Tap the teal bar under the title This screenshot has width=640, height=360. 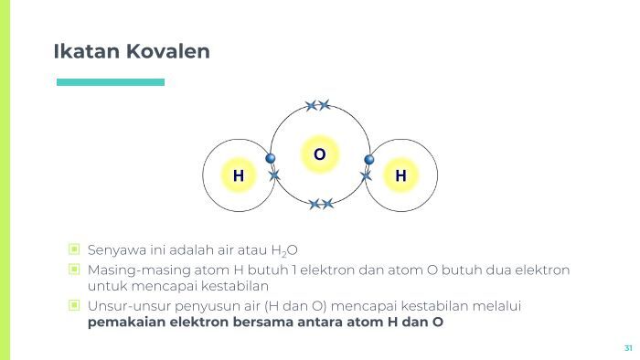(111, 82)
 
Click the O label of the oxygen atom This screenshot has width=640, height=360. (319, 154)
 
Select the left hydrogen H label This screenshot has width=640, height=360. (239, 175)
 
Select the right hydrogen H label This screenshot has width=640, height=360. (400, 175)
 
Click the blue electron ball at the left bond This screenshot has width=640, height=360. (271, 159)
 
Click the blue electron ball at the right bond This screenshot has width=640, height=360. (369, 160)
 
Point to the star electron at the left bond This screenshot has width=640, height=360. (274, 175)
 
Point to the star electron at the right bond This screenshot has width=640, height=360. (366, 175)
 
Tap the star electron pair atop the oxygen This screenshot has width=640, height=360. (318, 105)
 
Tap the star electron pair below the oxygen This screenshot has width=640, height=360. (321, 204)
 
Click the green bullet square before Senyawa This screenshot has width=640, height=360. (74, 249)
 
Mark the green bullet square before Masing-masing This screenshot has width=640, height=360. (74, 270)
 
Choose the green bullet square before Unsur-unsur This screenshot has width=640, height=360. (74, 305)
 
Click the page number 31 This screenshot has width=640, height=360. (628, 348)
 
